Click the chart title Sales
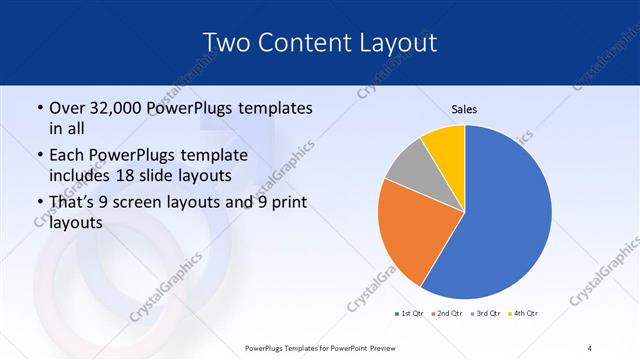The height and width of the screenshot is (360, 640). (x=464, y=108)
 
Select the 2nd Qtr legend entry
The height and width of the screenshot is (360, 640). (x=447, y=314)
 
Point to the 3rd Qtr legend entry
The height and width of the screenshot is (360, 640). (x=485, y=314)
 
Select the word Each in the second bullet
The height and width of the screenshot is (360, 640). (x=66, y=154)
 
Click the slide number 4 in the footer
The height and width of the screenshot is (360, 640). (x=590, y=347)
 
